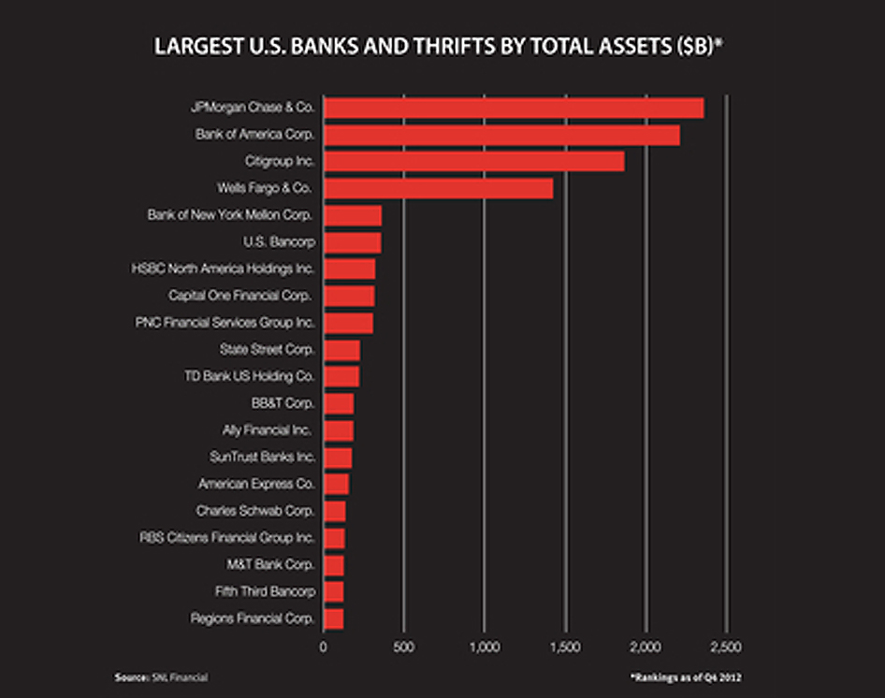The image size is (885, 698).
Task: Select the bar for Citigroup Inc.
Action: point(473,161)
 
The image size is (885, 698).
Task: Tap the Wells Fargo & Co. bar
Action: point(438,188)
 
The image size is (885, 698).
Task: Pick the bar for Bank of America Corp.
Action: point(501,135)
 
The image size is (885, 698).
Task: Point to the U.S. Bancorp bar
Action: point(352,242)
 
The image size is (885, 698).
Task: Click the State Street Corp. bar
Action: point(341,350)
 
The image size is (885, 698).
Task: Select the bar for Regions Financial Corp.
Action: point(333,618)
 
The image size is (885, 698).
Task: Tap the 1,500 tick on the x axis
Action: point(564,647)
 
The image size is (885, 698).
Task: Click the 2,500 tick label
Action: point(725,647)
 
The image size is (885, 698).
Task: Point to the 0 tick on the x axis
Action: point(324,647)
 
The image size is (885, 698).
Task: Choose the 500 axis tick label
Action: point(403,647)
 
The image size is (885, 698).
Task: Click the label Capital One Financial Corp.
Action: point(239,296)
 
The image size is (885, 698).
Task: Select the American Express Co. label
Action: point(255,484)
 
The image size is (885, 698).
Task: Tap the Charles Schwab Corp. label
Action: point(254,511)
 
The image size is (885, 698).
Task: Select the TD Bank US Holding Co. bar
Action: point(341,376)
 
